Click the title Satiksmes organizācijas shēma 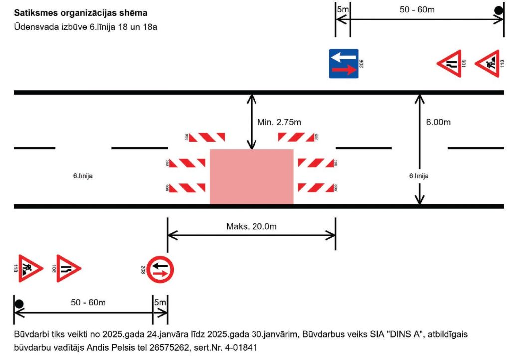pos(81,12)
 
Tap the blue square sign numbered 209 pos(343,63)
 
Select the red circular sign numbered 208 pos(160,269)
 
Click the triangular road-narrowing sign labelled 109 pos(450,63)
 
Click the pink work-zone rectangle pos(251,176)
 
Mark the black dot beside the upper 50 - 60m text pos(498,10)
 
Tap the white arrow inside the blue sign pos(343,57)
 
